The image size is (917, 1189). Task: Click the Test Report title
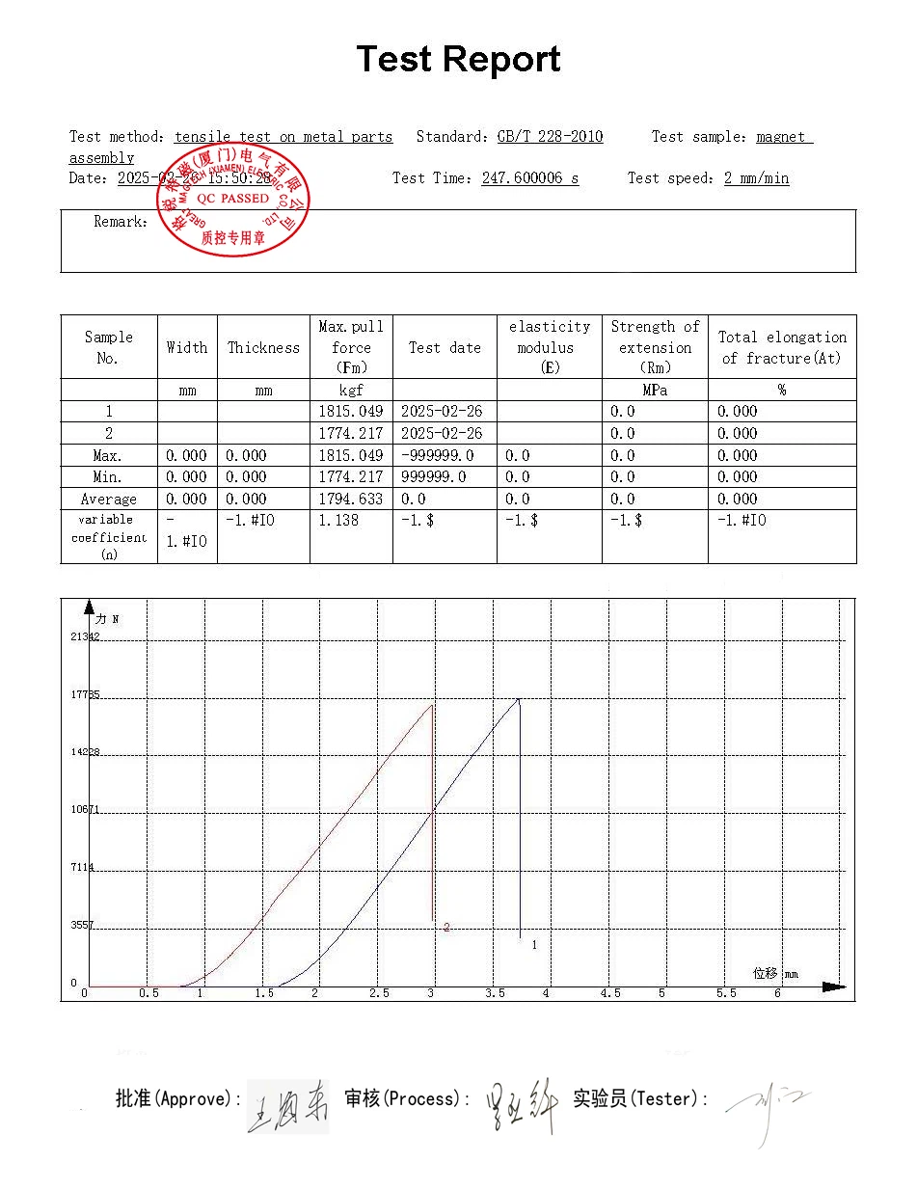click(458, 60)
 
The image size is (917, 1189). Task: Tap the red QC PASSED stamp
click(232, 200)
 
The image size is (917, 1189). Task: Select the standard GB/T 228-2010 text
click(550, 137)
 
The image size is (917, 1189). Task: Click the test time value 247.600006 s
click(529, 178)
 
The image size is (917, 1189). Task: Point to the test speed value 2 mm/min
click(756, 178)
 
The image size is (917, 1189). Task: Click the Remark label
click(121, 222)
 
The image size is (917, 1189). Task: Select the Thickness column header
click(263, 348)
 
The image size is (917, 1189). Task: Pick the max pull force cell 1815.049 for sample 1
click(350, 412)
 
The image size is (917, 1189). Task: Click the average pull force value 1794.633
click(350, 500)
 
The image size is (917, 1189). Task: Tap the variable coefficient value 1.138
click(338, 521)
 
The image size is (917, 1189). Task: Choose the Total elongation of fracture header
click(782, 348)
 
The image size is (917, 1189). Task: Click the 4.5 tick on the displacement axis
click(610, 993)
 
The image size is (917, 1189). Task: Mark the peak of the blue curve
click(519, 698)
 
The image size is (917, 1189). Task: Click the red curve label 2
click(446, 928)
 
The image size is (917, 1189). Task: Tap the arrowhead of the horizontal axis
click(835, 986)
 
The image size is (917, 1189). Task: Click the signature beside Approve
click(288, 1106)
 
